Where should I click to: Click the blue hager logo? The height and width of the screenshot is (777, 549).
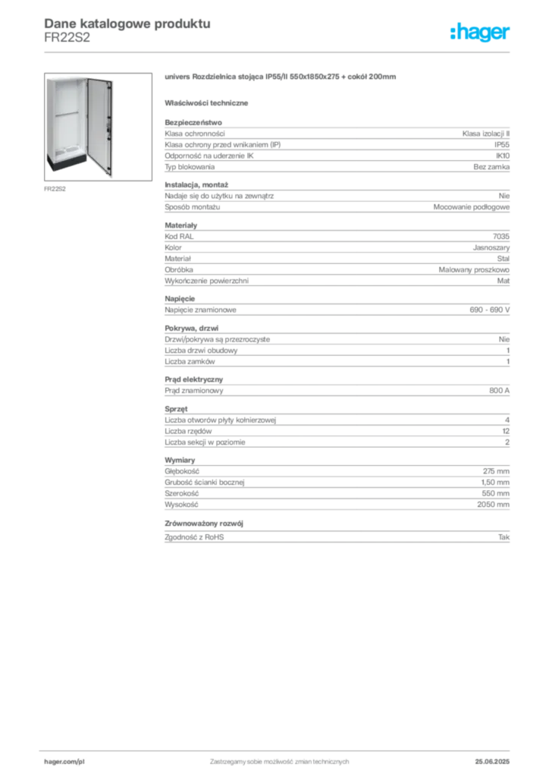tap(481, 33)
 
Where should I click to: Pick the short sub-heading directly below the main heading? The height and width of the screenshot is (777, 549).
tap(209, 102)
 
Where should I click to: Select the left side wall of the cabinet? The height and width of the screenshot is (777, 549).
tap(49, 121)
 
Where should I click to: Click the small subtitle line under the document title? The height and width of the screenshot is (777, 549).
tap(67, 41)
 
